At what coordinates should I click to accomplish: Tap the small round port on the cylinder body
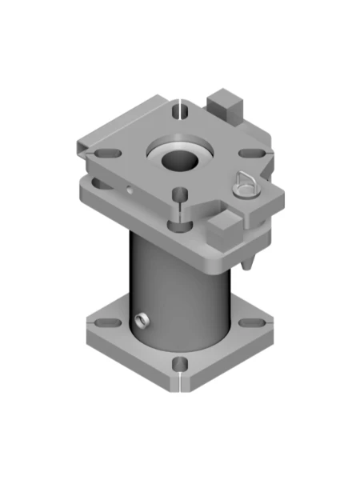pyautogui.click(x=142, y=321)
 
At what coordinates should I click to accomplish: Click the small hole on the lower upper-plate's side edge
pyautogui.click(x=128, y=190)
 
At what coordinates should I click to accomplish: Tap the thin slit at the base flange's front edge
pyautogui.click(x=181, y=381)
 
